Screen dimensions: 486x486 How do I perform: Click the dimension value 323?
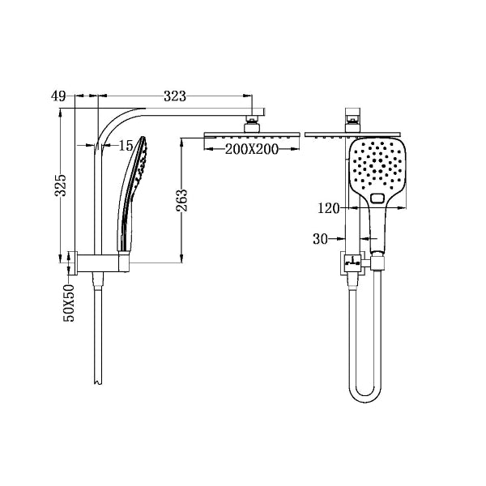pyautogui.click(x=174, y=96)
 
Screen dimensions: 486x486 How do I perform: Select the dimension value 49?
pyautogui.click(x=58, y=96)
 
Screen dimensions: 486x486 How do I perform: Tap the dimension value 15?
pyautogui.click(x=125, y=146)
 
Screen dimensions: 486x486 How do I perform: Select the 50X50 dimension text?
pyautogui.click(x=69, y=303)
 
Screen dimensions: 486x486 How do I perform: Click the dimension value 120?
pyautogui.click(x=329, y=209)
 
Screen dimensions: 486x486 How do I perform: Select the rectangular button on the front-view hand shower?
pyautogui.click(x=377, y=198)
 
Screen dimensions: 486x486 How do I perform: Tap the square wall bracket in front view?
pyautogui.click(x=351, y=262)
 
